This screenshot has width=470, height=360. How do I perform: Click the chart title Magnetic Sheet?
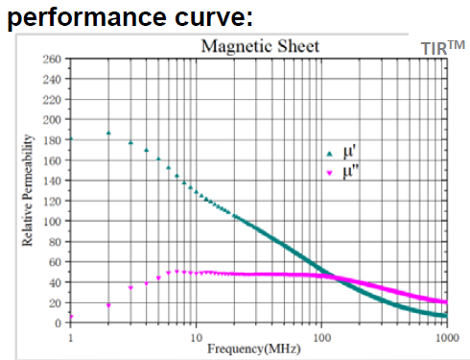point(259,46)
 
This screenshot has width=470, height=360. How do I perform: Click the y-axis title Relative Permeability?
point(30,191)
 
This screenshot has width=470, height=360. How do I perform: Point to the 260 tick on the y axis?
point(54,60)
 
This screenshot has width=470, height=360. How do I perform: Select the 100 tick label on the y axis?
point(54,222)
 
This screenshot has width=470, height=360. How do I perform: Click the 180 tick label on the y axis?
point(54,140)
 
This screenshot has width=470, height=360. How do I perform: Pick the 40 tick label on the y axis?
point(57,282)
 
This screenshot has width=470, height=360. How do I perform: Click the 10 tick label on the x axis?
point(196,337)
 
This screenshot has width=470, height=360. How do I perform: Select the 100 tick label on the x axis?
point(321,337)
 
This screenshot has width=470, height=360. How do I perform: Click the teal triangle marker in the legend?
point(329,154)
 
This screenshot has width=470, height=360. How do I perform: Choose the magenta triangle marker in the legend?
point(329,173)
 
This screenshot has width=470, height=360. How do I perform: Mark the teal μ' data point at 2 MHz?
point(108,132)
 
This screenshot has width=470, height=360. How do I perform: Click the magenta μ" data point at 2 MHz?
point(108,305)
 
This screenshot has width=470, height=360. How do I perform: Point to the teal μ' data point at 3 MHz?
point(130,143)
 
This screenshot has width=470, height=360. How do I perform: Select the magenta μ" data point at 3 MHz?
point(130,287)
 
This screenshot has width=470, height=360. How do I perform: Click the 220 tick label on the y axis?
point(54,100)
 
